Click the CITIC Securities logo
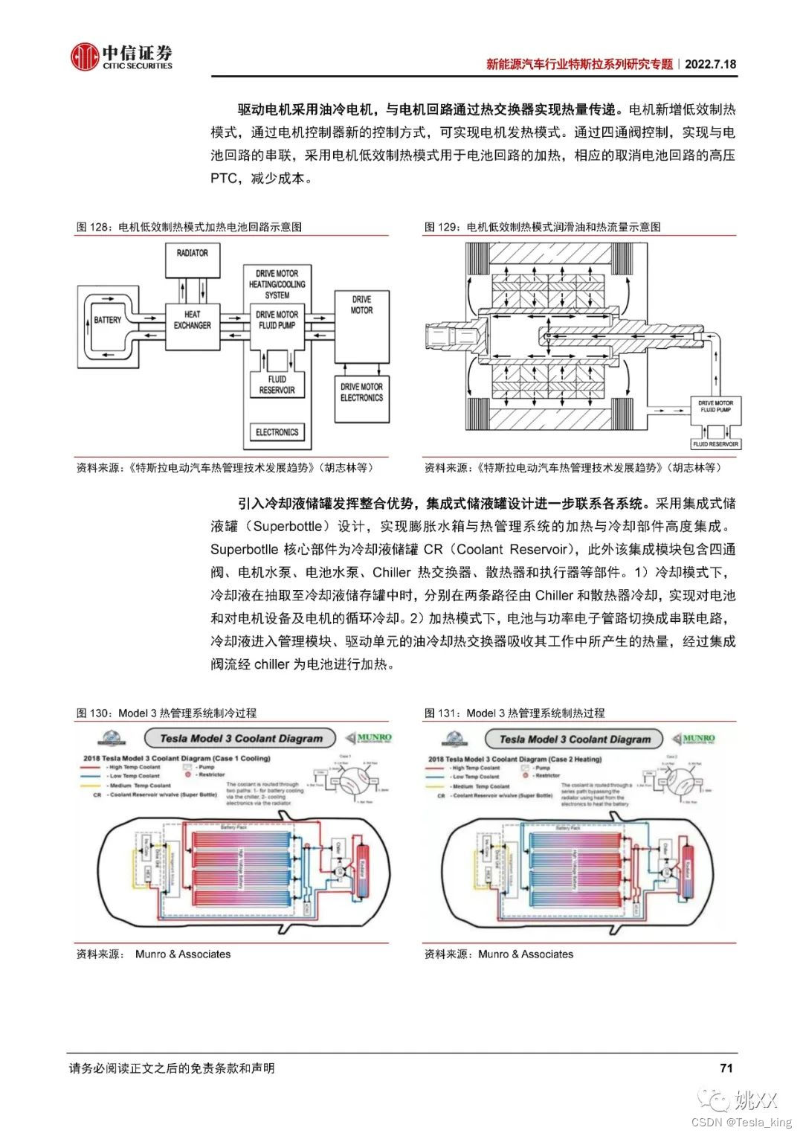(121, 57)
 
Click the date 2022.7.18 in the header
(710, 64)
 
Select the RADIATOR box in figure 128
(192, 260)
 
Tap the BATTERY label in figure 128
(107, 320)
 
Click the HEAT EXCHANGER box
(192, 320)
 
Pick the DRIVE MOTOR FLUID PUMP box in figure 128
(277, 320)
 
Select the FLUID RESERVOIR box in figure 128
(277, 385)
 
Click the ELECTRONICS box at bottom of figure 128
(277, 432)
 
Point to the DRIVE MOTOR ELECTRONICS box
(361, 393)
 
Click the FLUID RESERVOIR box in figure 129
(715, 444)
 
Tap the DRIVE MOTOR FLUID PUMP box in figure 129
(715, 406)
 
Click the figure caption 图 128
(93, 227)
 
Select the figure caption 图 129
(441, 227)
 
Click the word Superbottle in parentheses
(288, 526)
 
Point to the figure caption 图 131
(441, 713)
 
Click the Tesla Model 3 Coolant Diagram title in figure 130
(242, 739)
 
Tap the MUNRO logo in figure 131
(697, 738)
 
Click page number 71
(726, 1068)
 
